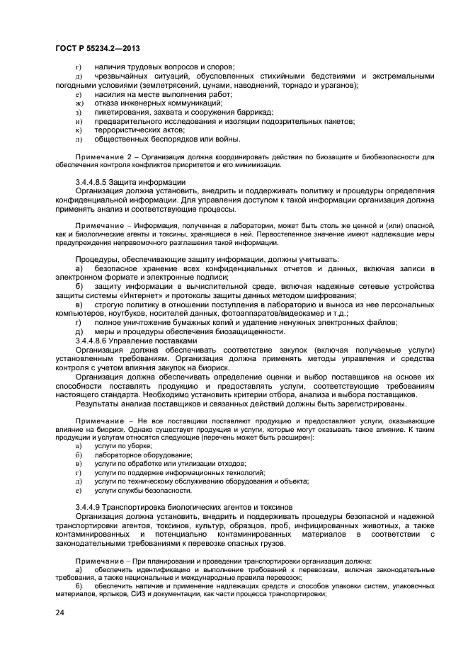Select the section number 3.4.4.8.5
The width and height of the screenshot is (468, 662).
(99, 182)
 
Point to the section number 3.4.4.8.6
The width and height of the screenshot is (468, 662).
(99, 340)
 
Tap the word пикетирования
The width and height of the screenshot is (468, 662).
(122, 112)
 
